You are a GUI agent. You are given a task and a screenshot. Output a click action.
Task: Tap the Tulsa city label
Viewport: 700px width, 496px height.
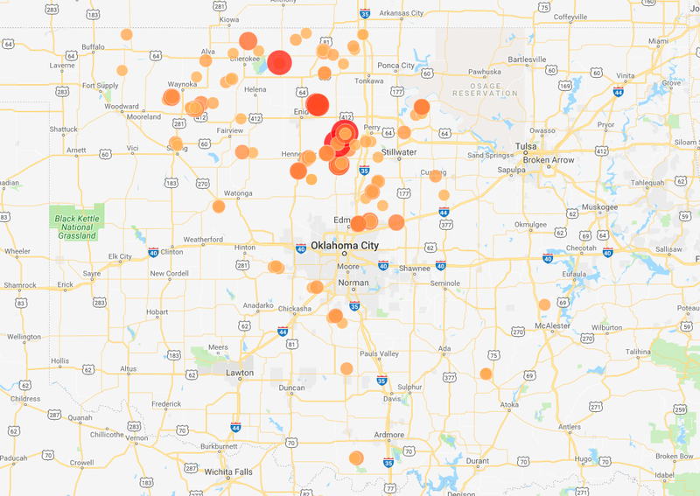coord(525,145)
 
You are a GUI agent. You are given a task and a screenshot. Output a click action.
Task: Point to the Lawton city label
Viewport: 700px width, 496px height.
coord(239,373)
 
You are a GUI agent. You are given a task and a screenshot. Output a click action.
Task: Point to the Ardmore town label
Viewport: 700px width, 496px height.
coord(388,435)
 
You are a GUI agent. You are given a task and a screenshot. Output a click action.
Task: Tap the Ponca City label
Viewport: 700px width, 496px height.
coord(395,66)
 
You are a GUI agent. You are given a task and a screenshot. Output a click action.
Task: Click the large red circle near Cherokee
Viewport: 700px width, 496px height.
coord(279,62)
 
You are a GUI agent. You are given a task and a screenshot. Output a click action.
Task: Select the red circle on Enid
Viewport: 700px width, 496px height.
coord(317,103)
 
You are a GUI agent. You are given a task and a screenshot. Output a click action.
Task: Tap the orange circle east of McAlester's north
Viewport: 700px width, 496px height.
coord(544,304)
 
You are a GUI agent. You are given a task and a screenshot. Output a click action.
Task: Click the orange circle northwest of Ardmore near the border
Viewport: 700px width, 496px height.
coord(355,458)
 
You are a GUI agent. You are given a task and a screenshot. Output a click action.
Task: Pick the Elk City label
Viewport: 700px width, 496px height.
coord(119,256)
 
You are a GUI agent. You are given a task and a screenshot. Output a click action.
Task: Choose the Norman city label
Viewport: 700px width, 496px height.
coord(353,283)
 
